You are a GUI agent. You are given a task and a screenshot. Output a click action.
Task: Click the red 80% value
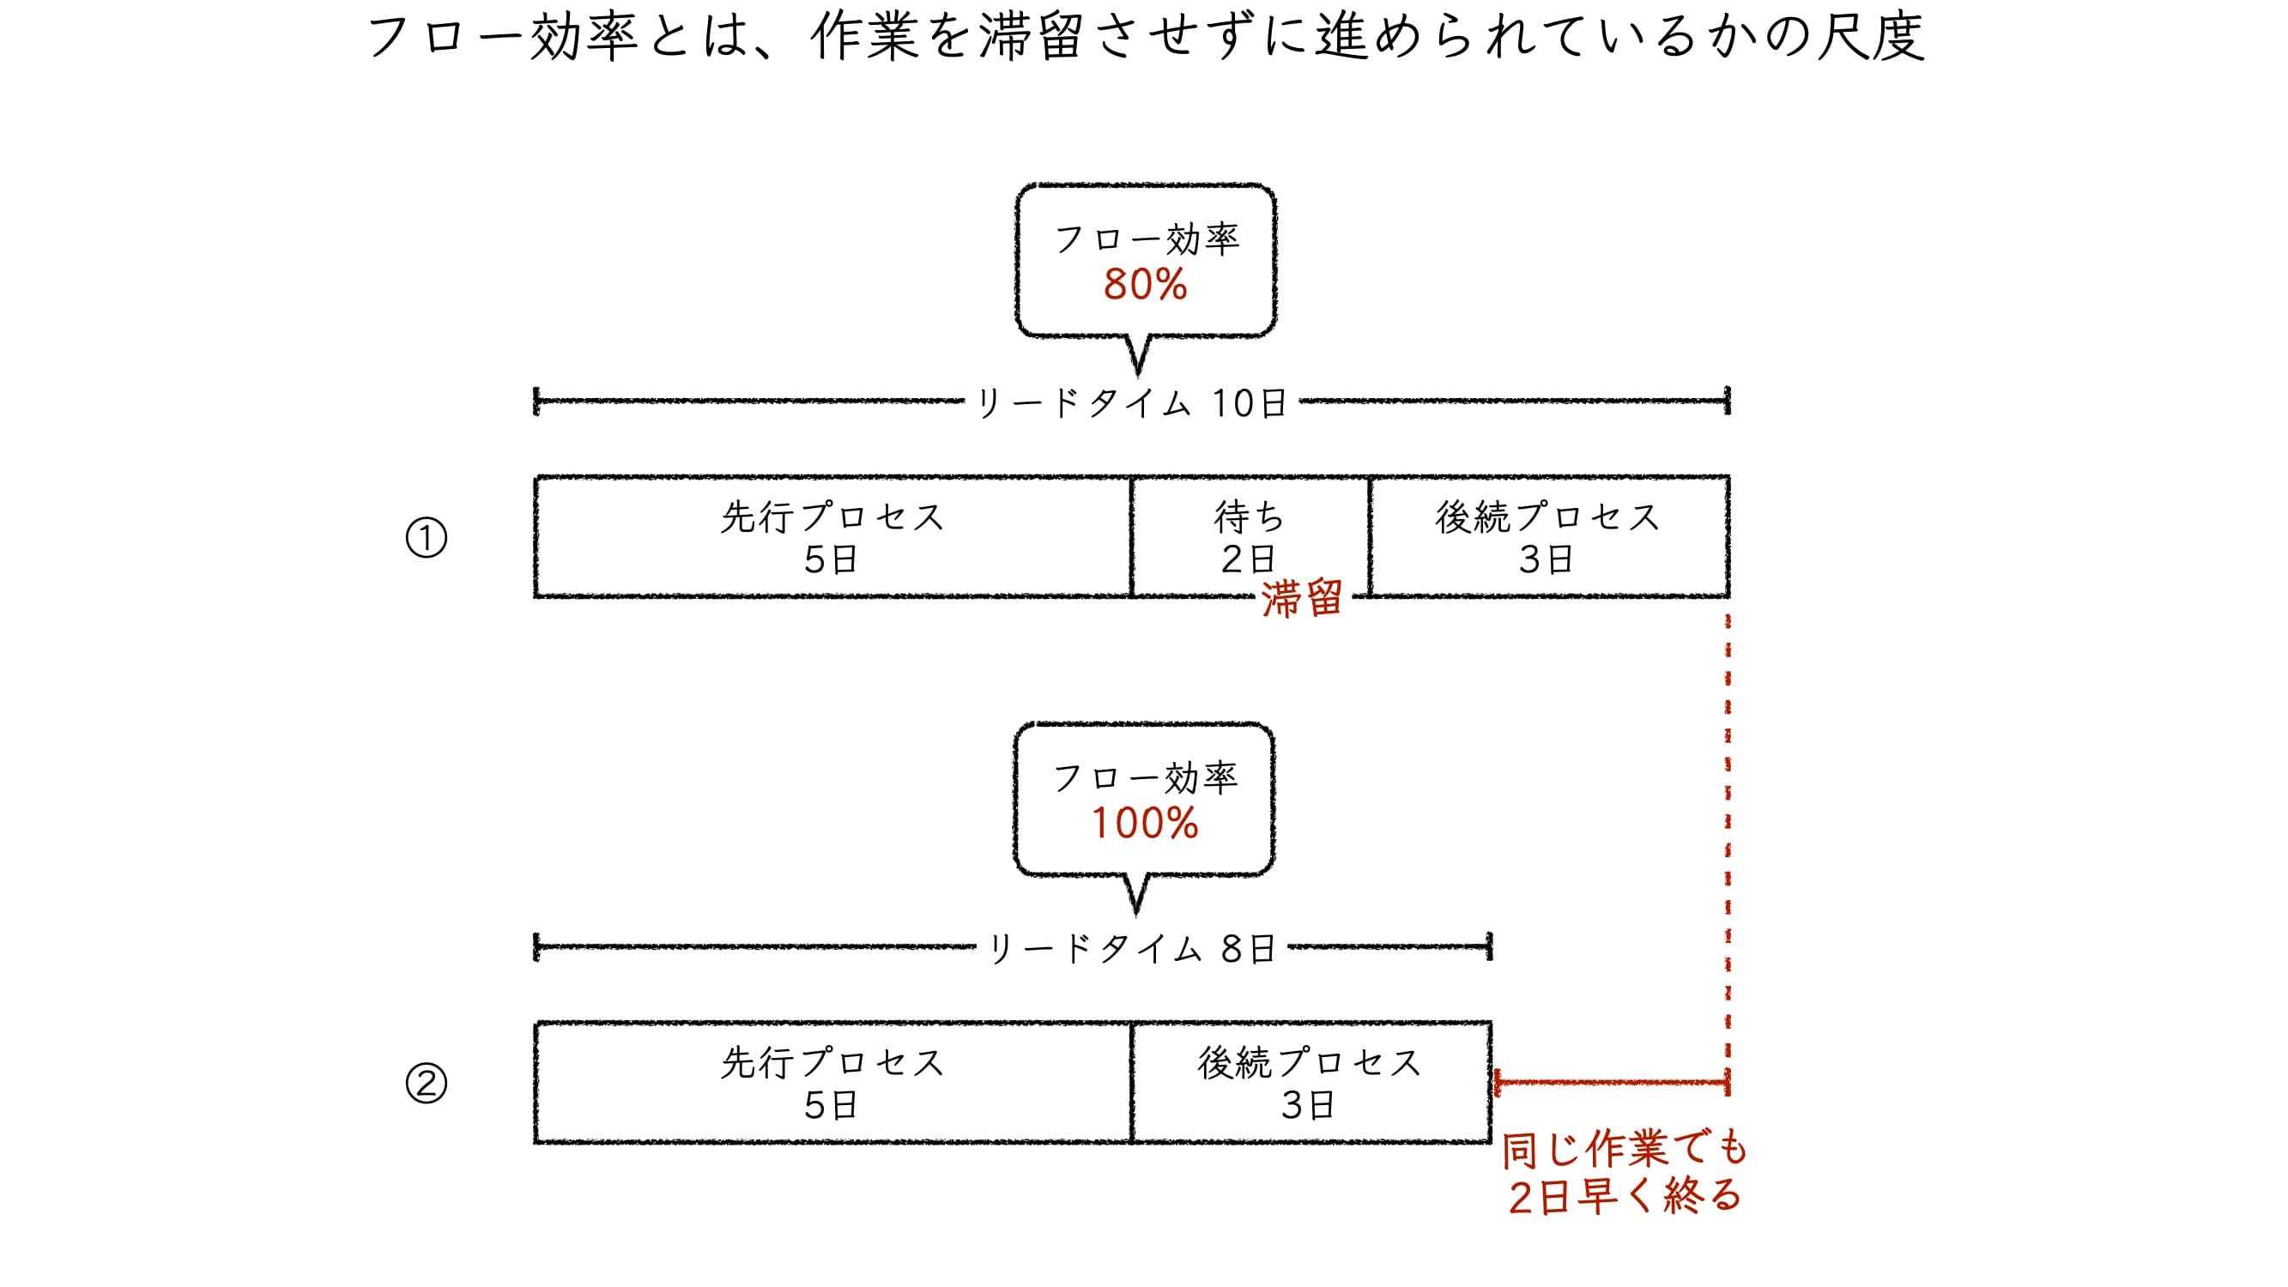1145,285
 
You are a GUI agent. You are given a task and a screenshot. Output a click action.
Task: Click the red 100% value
1144,824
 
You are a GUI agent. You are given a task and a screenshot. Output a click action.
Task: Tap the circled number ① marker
427,538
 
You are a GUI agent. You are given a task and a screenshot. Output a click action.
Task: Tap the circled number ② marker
427,1084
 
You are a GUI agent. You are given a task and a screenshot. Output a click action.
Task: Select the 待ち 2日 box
1249,536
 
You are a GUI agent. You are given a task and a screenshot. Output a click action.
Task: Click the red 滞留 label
1301,600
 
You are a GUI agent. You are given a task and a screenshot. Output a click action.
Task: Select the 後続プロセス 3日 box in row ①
1548,536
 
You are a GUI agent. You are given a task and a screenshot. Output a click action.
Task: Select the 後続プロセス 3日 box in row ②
1310,1082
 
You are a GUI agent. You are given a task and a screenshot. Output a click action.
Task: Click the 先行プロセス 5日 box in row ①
832,536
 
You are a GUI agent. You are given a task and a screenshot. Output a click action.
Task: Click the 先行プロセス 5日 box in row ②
832,1082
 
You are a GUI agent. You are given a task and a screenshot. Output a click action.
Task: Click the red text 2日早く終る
1625,1196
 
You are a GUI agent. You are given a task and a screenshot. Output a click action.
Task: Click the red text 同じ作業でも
1625,1151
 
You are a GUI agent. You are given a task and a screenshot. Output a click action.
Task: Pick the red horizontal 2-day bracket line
1611,1083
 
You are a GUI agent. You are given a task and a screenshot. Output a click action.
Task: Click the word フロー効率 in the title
502,37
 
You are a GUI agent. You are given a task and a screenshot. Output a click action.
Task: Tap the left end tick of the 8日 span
536,948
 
